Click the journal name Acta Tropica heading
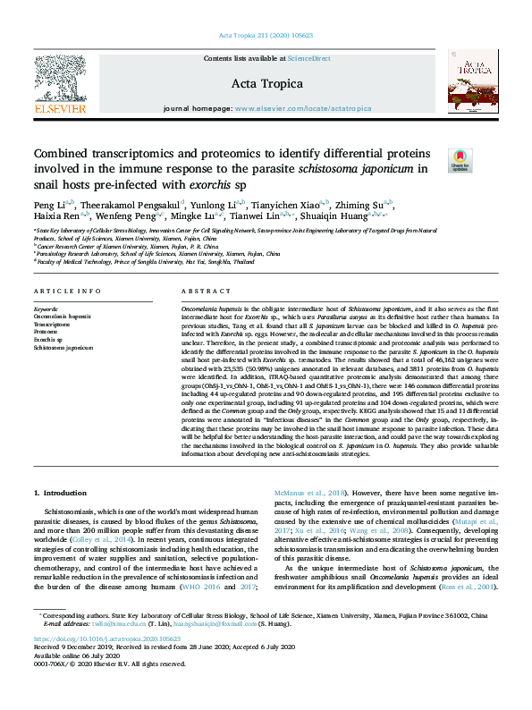click(267, 83)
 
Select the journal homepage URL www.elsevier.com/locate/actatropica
click(303, 107)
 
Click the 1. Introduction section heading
click(62, 493)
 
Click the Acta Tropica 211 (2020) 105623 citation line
click(266, 36)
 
